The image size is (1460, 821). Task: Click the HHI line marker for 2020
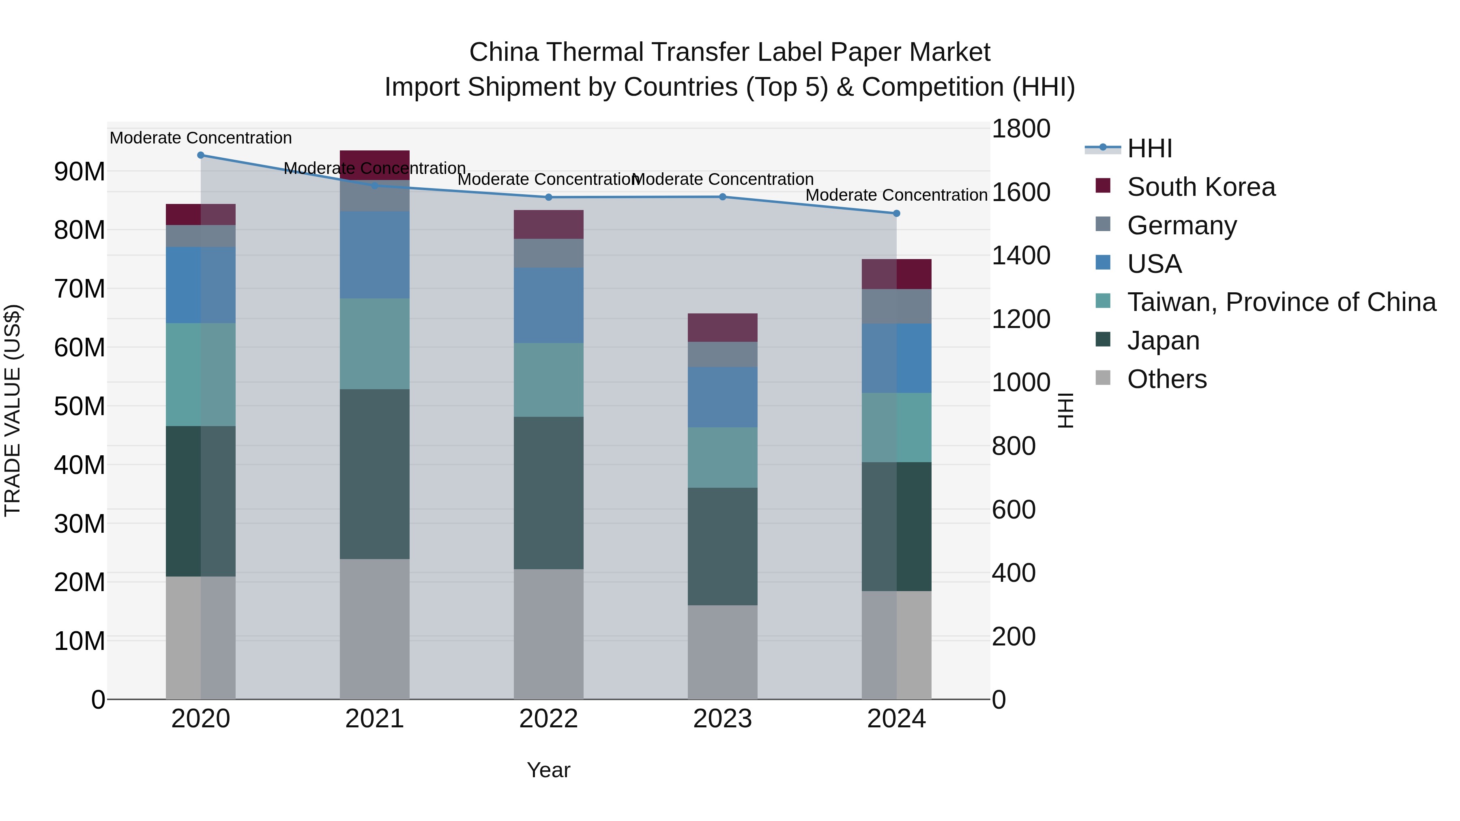click(x=201, y=155)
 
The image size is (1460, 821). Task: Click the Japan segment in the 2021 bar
click(x=375, y=474)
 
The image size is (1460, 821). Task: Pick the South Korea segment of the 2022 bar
click(x=549, y=224)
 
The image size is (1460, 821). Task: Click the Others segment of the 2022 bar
click(x=549, y=634)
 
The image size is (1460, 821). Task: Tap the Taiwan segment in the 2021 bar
click(x=375, y=344)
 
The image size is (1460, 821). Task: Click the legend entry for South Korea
click(x=1201, y=187)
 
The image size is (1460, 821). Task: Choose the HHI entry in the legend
click(x=1149, y=148)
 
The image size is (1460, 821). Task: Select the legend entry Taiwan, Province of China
click(x=1281, y=302)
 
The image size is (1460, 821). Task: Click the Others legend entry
click(x=1166, y=379)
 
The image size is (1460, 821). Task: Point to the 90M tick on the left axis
click(x=79, y=171)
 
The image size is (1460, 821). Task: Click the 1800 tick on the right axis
click(x=1021, y=129)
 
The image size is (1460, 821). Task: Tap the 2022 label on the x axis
click(x=549, y=719)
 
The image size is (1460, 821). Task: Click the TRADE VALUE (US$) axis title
click(x=13, y=410)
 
